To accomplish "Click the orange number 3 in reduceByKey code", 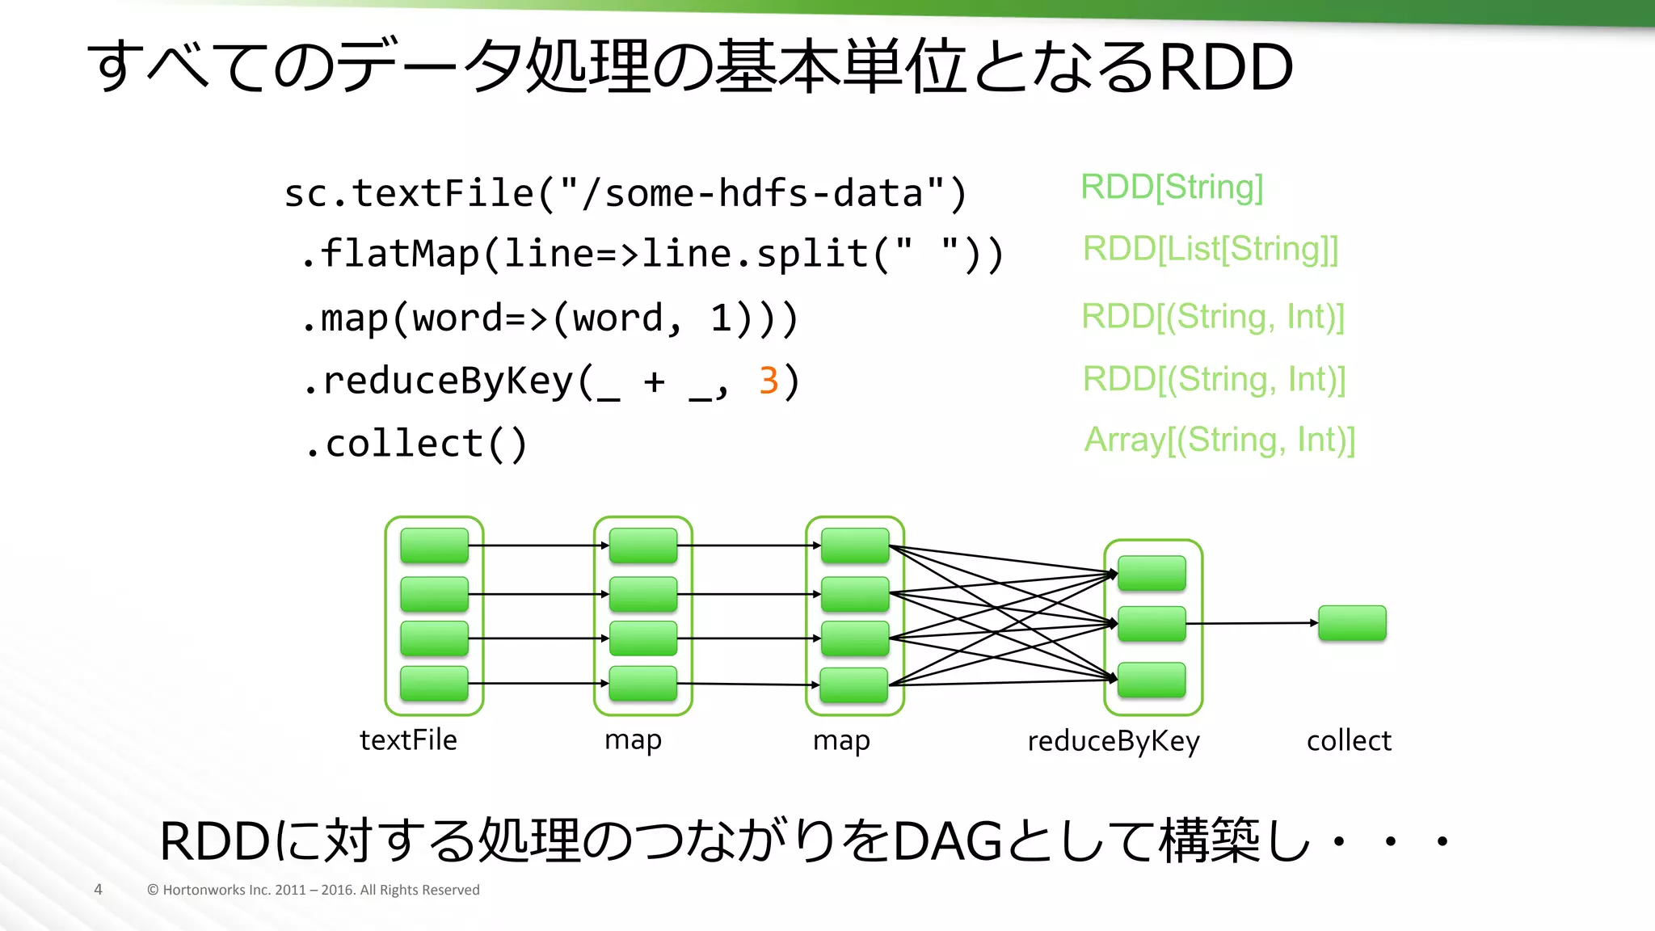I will (x=769, y=381).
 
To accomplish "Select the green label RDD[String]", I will (x=1171, y=187).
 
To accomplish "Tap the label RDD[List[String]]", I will (x=1210, y=249).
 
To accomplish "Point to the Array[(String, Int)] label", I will (x=1219, y=440).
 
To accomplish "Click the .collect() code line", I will (x=417, y=444).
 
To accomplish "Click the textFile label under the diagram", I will (x=408, y=739).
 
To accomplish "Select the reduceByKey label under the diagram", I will (x=1113, y=740).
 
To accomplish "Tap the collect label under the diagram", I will (x=1348, y=740).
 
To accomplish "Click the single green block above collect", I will (x=1351, y=623).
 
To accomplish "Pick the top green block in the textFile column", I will (x=434, y=546).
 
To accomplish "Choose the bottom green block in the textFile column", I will (x=434, y=684).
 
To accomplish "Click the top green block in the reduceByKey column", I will (x=1152, y=573).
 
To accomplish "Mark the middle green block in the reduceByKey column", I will (x=1152, y=624).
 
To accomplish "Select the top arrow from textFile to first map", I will (x=537, y=546).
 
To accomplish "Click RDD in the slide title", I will (x=1225, y=67).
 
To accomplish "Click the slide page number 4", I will (x=98, y=890).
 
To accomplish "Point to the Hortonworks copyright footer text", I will (x=313, y=890).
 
